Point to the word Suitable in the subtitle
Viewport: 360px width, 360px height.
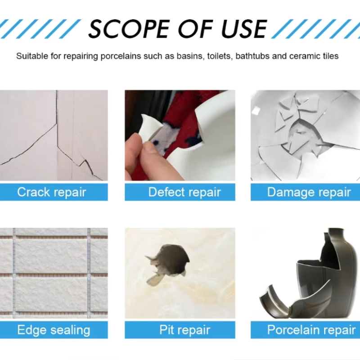tap(31, 56)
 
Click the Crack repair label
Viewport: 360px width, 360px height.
tap(52, 192)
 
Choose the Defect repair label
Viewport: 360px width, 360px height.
tap(184, 192)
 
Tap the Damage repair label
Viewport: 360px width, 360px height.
tap(309, 192)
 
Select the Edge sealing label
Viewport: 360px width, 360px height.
tap(54, 330)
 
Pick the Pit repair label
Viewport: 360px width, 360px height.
tap(184, 330)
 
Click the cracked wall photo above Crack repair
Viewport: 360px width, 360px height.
tap(54, 135)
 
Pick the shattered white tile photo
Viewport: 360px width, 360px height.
tap(305, 135)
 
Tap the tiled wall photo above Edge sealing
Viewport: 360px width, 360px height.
tap(54, 272)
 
